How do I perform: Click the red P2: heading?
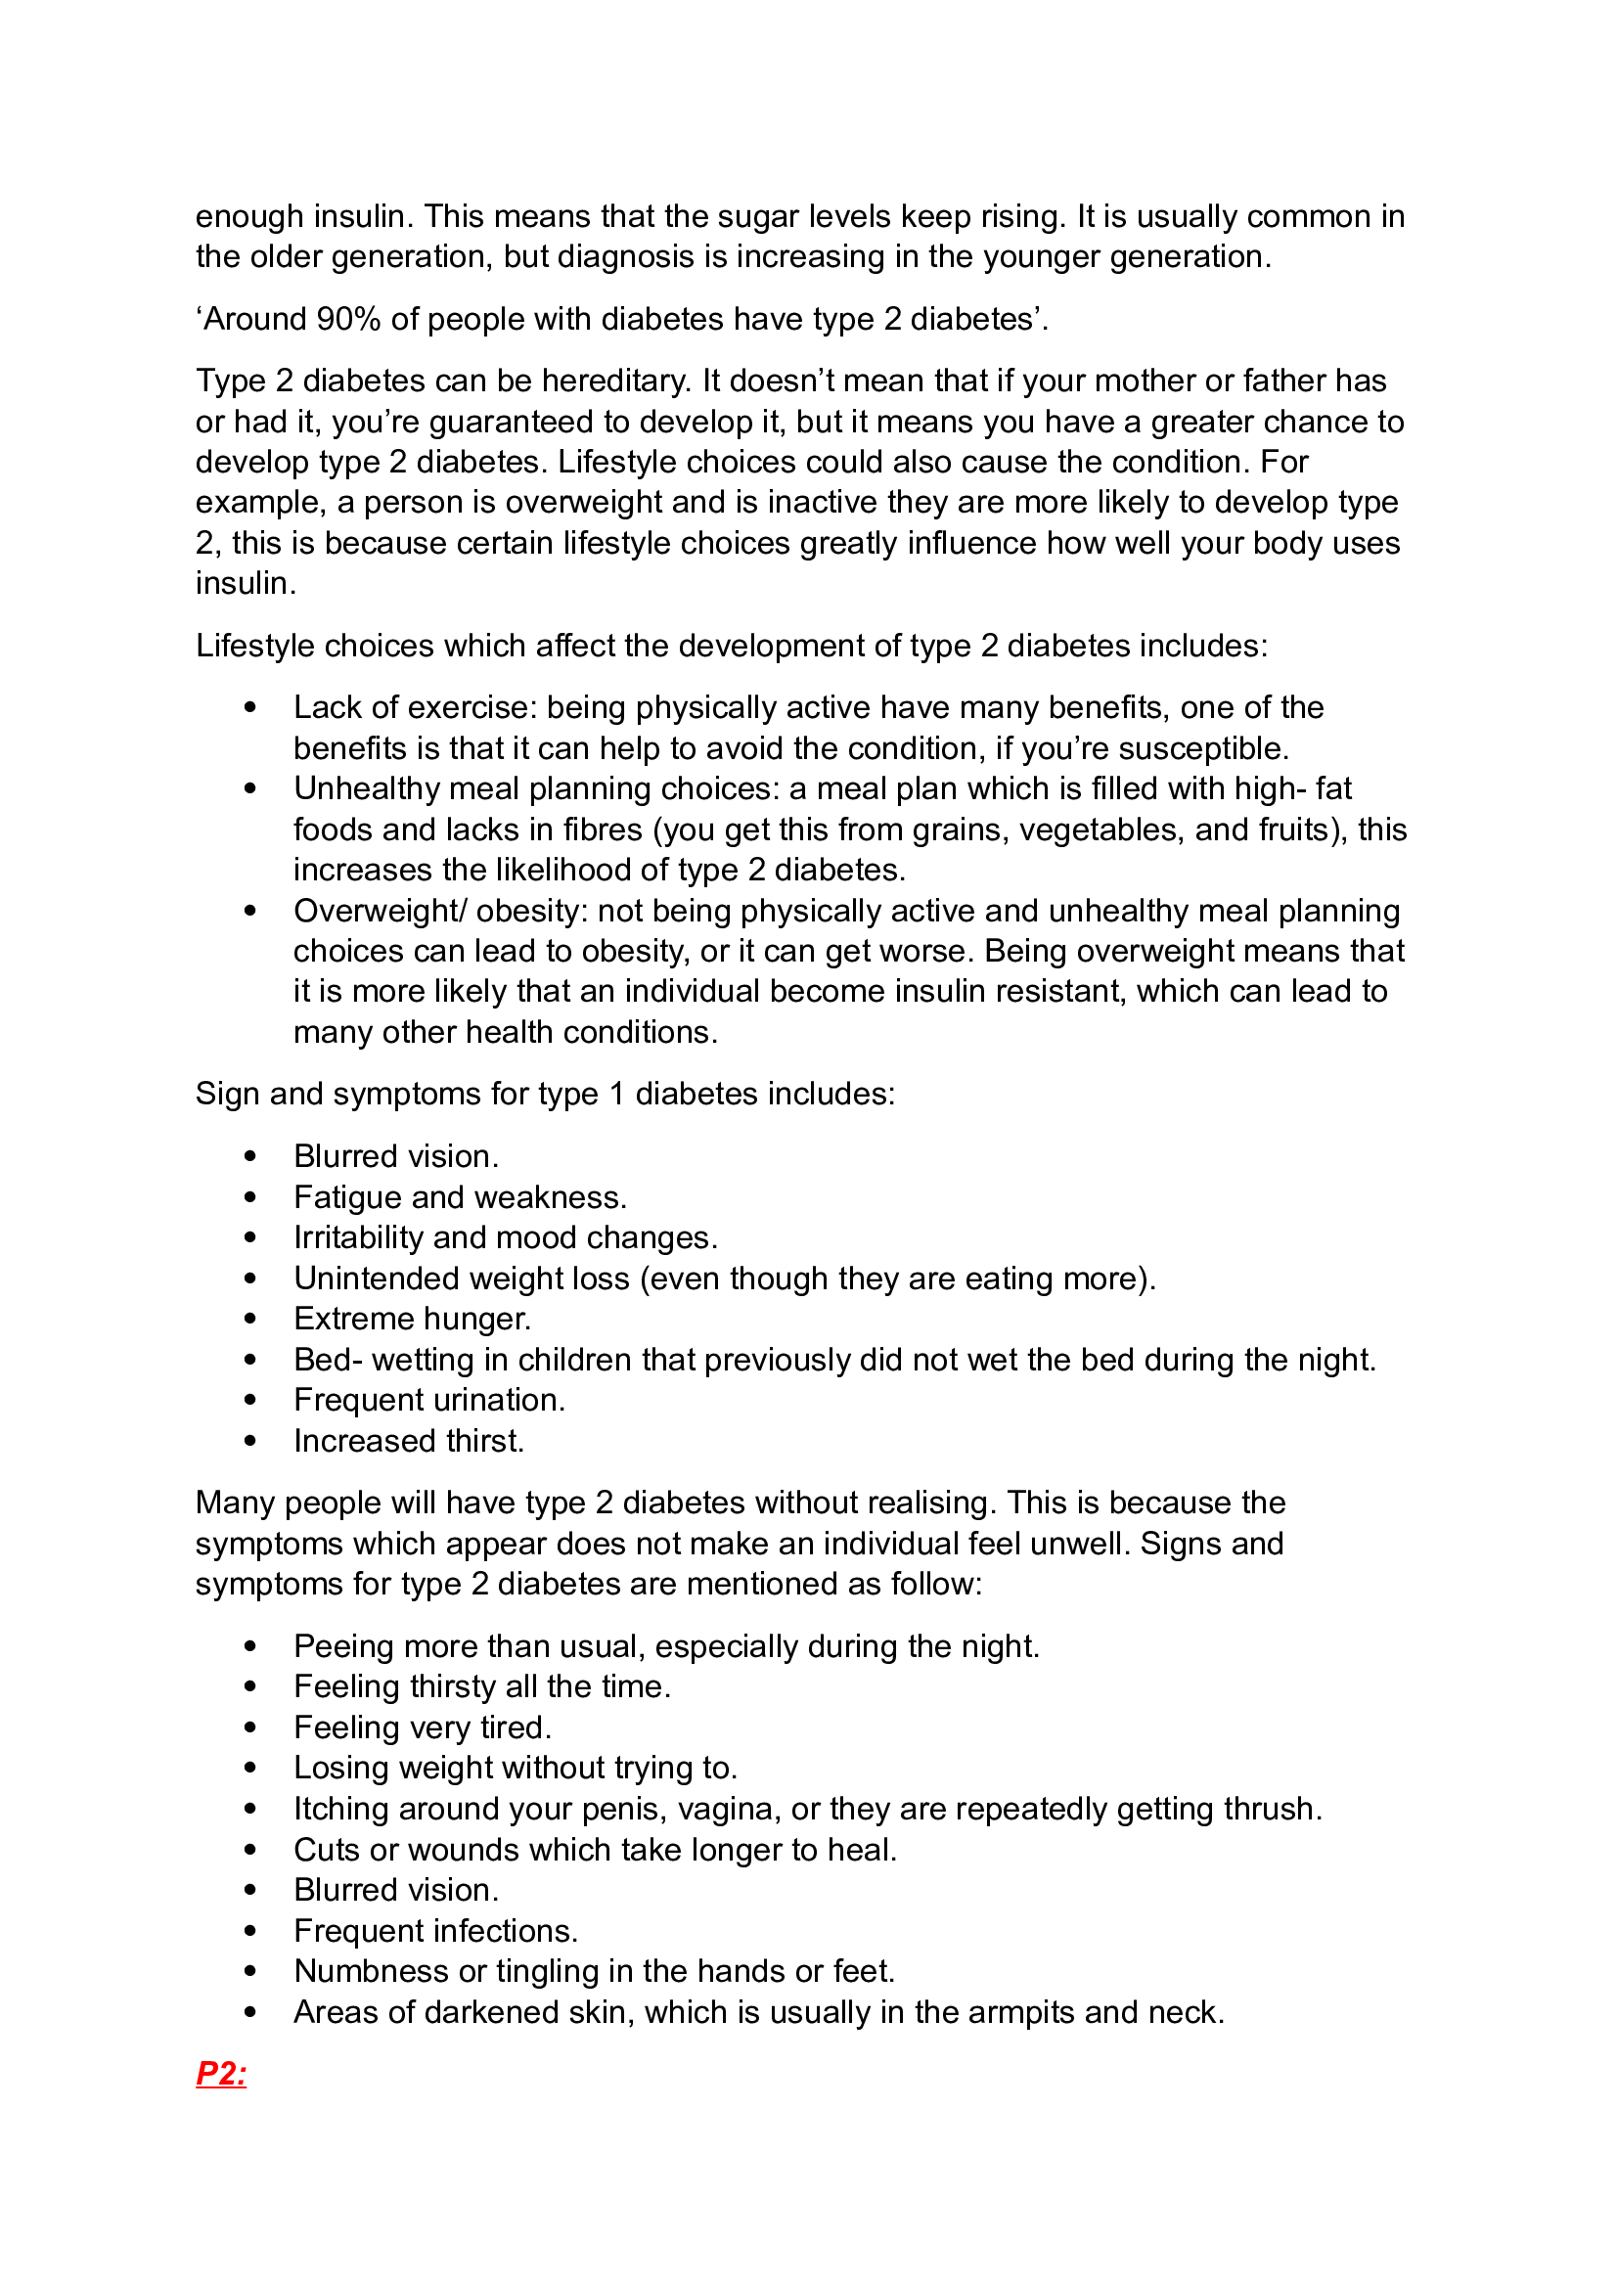pyautogui.click(x=221, y=2074)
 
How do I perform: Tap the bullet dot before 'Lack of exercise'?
pyautogui.click(x=250, y=707)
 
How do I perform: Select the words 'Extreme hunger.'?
pyautogui.click(x=413, y=1319)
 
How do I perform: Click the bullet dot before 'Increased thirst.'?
pyautogui.click(x=250, y=1441)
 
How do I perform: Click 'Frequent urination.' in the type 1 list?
pyautogui.click(x=429, y=1400)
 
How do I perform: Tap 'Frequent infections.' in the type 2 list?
pyautogui.click(x=435, y=1931)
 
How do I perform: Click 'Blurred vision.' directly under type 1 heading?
pyautogui.click(x=395, y=1156)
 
